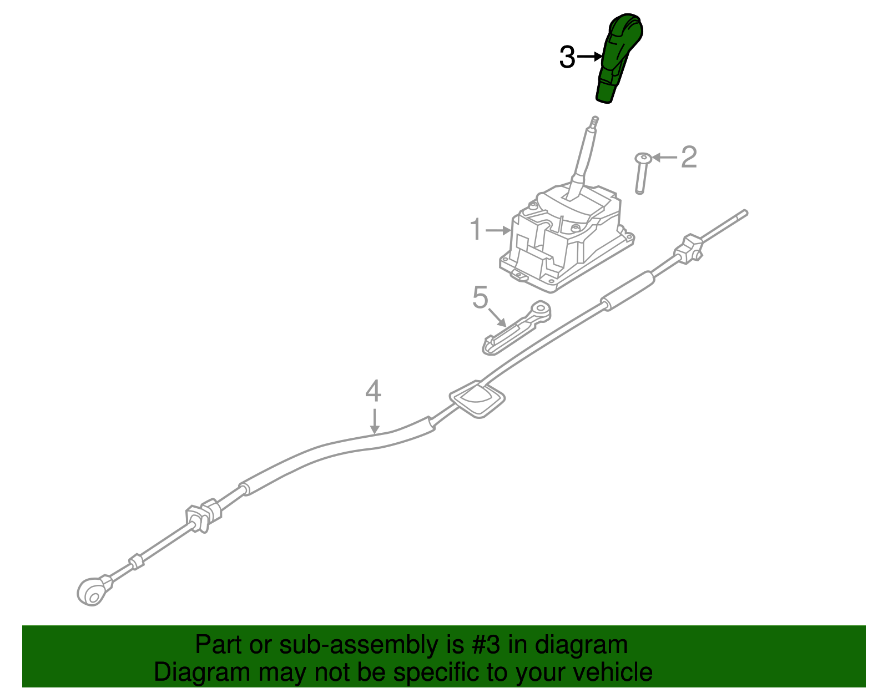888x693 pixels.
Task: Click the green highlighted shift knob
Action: [x=618, y=58]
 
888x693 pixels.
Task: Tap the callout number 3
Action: [x=567, y=57]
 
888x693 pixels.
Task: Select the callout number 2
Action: [x=689, y=158]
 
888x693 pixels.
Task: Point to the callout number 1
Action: [x=476, y=230]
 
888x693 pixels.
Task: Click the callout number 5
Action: [x=480, y=298]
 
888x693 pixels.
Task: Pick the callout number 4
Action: [x=373, y=391]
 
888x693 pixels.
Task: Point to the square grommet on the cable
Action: [x=477, y=398]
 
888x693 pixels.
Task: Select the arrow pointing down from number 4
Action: [x=375, y=421]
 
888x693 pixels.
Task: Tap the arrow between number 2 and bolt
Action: [x=665, y=158]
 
